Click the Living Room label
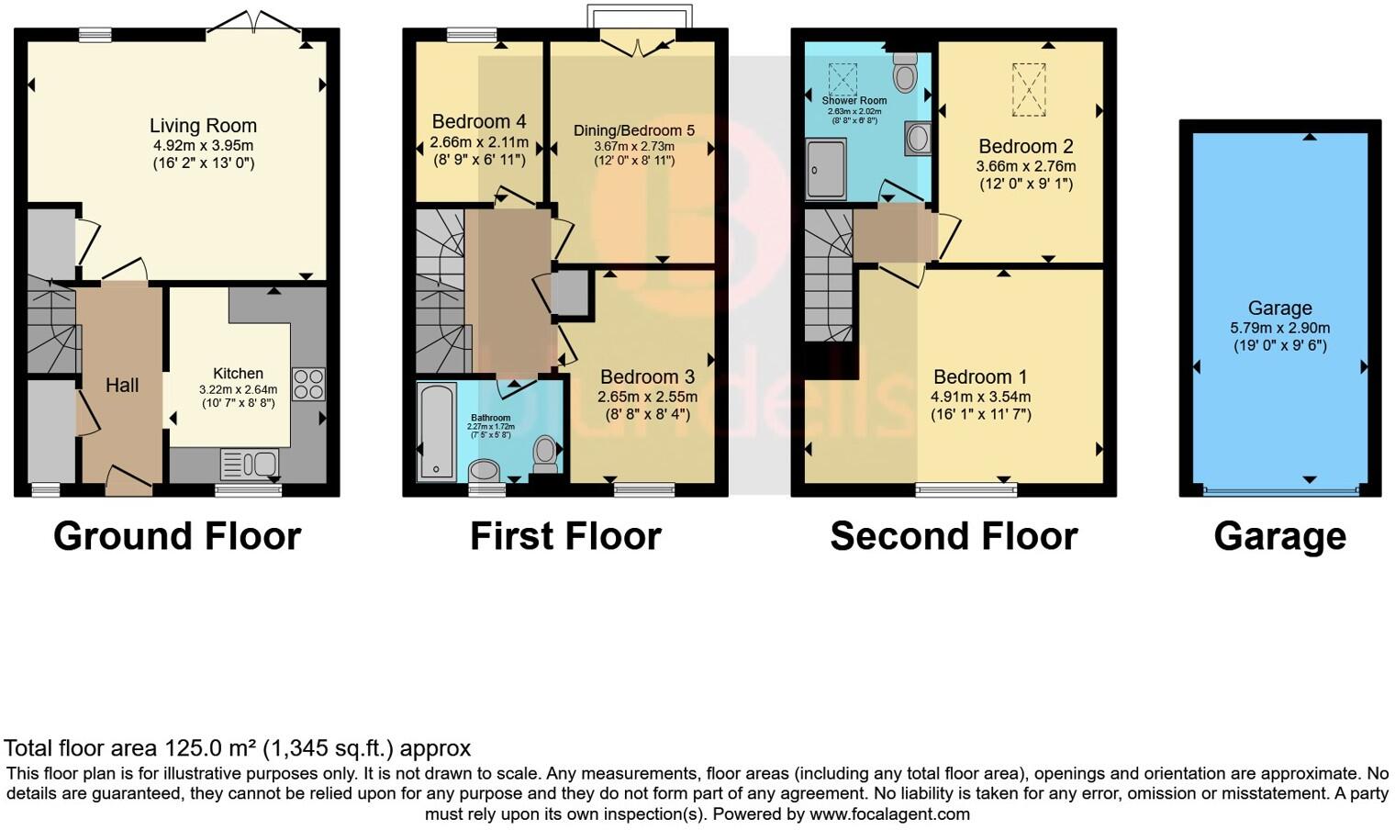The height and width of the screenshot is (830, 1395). click(x=203, y=126)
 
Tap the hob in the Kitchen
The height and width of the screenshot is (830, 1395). click(x=308, y=384)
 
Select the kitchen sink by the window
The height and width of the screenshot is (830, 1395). click(x=250, y=463)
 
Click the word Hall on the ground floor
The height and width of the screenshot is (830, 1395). click(x=121, y=386)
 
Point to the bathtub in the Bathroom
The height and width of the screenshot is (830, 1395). click(x=436, y=432)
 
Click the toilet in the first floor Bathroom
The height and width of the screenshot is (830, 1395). click(x=546, y=451)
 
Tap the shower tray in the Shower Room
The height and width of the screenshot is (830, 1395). click(x=826, y=169)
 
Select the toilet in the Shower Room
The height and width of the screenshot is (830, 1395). click(x=906, y=73)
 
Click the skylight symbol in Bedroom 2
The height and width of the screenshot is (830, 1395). click(x=1028, y=89)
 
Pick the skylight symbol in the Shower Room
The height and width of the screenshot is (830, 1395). click(x=842, y=79)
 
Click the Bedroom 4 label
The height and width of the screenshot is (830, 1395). click(x=478, y=121)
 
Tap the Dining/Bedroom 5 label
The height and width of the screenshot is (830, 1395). click(x=634, y=130)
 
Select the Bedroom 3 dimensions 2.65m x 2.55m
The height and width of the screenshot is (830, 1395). click(x=647, y=397)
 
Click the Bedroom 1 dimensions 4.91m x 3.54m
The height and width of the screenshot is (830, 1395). click(x=980, y=397)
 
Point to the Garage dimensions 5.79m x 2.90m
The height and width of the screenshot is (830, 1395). click(x=1279, y=328)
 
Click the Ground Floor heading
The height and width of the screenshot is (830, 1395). click(x=177, y=536)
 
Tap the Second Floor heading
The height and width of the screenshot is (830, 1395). click(x=954, y=536)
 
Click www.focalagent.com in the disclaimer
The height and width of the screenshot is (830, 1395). click(x=888, y=813)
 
